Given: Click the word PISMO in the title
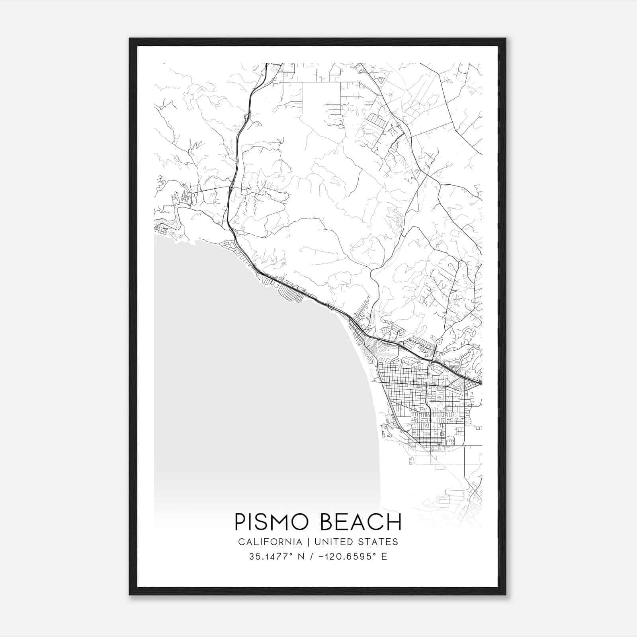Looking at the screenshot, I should (x=274, y=522).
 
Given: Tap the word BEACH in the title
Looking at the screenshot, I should (x=361, y=522).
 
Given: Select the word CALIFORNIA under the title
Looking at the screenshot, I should (x=270, y=542).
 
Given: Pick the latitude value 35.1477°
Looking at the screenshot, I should (x=269, y=557).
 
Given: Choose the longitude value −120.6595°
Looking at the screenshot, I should (x=344, y=557).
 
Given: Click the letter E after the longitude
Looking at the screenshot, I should (x=384, y=557).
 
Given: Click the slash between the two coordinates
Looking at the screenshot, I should (x=307, y=557).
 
